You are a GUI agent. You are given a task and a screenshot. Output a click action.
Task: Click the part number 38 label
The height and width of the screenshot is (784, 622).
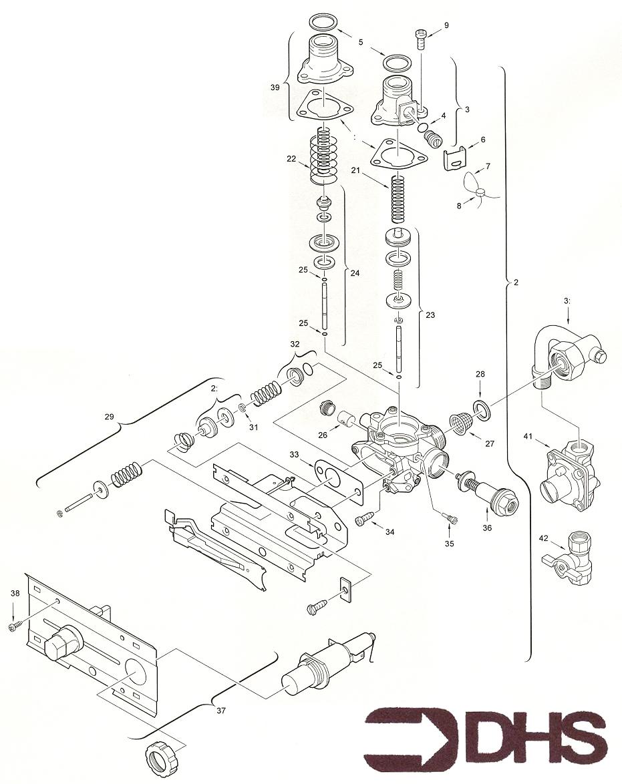15,593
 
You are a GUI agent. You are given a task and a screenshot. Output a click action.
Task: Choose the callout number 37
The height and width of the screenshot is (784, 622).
220,711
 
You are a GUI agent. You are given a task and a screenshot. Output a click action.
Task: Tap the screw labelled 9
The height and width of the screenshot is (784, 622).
421,39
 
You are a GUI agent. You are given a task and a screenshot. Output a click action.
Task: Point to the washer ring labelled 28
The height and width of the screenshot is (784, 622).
481,409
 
